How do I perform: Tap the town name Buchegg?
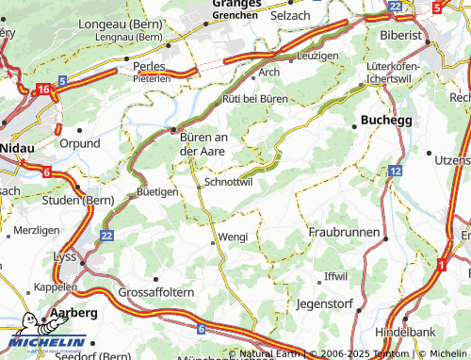coord(387,121)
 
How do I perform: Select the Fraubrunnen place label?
coord(344,232)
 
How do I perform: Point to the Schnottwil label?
coord(228,183)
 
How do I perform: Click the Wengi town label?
coord(233,237)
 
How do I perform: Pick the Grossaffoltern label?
coord(156,293)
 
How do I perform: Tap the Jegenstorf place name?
coord(323,304)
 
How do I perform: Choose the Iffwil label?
coord(335,276)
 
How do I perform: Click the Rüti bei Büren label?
coord(254,98)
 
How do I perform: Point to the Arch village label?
coord(269,72)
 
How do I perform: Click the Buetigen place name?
coord(157,191)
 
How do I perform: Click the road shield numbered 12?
coord(395,172)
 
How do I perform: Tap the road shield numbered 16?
coord(43,89)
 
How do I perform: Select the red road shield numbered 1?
coord(440,265)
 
